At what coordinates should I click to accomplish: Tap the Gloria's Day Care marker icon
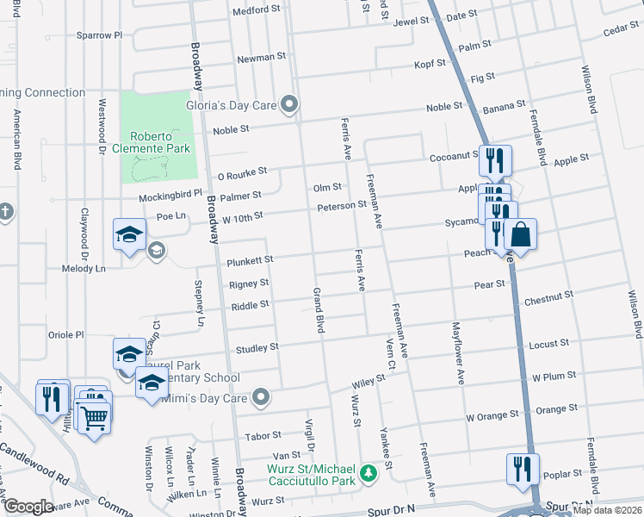click(290, 106)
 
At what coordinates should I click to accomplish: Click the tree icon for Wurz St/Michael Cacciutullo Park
click(368, 473)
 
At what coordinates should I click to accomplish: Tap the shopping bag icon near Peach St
click(520, 234)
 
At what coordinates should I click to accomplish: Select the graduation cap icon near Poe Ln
click(129, 234)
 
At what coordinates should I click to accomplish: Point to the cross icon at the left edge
click(5, 211)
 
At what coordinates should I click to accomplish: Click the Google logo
click(28, 507)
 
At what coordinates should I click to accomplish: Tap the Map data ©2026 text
click(607, 510)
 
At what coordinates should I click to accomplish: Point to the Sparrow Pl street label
click(100, 35)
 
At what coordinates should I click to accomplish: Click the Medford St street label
click(257, 11)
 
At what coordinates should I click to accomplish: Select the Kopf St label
click(429, 63)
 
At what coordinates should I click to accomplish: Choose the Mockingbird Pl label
click(170, 196)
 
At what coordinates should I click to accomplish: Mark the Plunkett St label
click(250, 259)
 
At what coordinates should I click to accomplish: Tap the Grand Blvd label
click(319, 311)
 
